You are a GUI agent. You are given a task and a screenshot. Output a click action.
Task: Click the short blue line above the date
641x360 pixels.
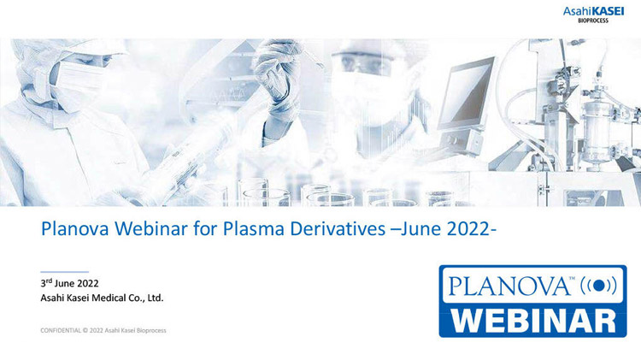[x=64, y=272]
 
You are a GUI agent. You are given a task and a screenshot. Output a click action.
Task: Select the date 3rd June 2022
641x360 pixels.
[x=71, y=282]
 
